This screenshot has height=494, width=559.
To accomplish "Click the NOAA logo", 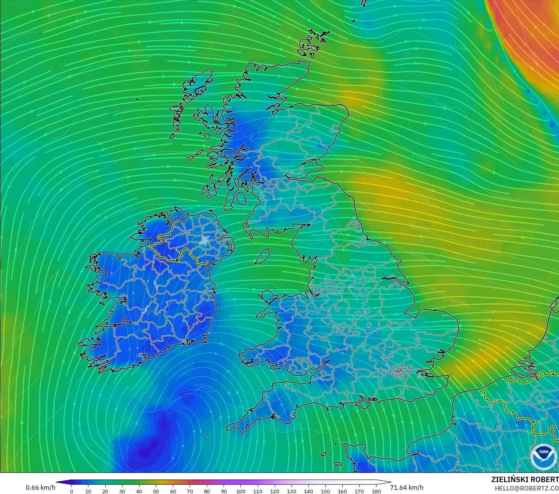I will (x=543, y=456).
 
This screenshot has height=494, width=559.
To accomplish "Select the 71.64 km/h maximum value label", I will (x=407, y=487).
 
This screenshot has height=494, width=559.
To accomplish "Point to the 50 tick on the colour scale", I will (x=156, y=491).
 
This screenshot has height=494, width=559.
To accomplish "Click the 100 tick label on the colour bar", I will (x=241, y=491).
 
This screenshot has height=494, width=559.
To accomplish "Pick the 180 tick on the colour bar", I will (x=376, y=491).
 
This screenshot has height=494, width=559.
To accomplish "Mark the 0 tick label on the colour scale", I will (x=71, y=491).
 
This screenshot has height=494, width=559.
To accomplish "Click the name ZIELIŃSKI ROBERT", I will (x=525, y=479).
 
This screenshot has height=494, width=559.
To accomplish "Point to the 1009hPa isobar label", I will (x=443, y=104).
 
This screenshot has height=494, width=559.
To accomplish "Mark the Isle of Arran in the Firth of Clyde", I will (x=241, y=198).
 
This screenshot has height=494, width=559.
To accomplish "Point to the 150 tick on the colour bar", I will (x=325, y=491).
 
